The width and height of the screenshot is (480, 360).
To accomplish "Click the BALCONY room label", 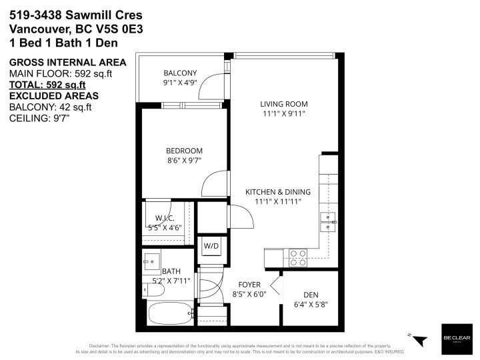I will (180, 73).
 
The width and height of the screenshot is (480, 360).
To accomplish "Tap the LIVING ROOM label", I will (283, 103).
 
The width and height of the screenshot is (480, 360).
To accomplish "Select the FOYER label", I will (249, 285).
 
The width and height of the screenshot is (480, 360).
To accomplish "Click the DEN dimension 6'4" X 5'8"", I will (311, 305).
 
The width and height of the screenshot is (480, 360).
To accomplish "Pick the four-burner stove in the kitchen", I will (297, 254).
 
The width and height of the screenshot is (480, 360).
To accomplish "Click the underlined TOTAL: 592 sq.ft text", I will (47, 85).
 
